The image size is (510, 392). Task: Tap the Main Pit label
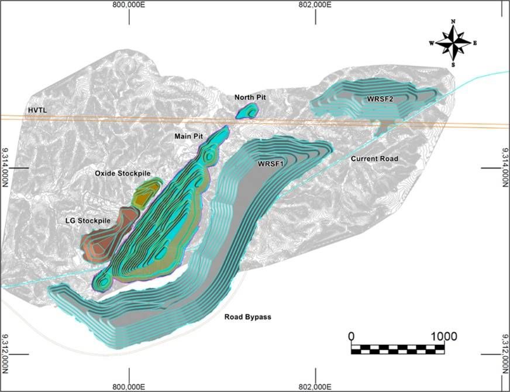[189, 136]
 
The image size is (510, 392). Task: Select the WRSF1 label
[270, 164]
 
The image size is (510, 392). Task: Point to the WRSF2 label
[380, 99]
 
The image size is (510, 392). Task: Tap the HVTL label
[39, 110]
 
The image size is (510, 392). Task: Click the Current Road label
[374, 159]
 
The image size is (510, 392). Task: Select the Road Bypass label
[248, 317]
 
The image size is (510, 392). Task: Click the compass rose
[453, 43]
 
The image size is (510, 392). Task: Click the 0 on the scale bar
[351, 336]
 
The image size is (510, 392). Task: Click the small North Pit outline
[247, 111]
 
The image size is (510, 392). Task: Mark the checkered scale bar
[397, 349]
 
